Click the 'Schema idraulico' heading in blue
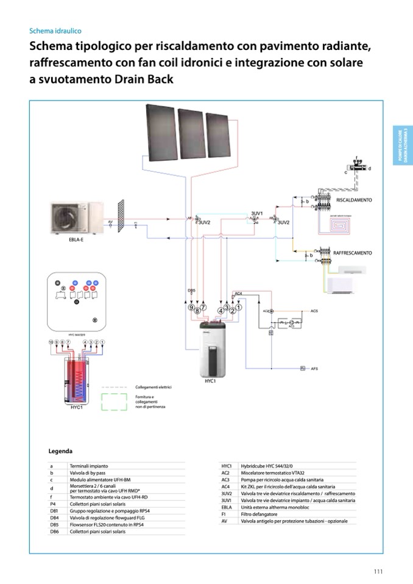tap(55, 30)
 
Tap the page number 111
tap(378, 571)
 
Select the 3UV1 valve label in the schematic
tap(256, 214)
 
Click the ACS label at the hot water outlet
tap(314, 311)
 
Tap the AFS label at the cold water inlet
tap(314, 369)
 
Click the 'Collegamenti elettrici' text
tap(152, 387)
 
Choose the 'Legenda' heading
tap(60, 451)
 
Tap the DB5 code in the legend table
tap(54, 524)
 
